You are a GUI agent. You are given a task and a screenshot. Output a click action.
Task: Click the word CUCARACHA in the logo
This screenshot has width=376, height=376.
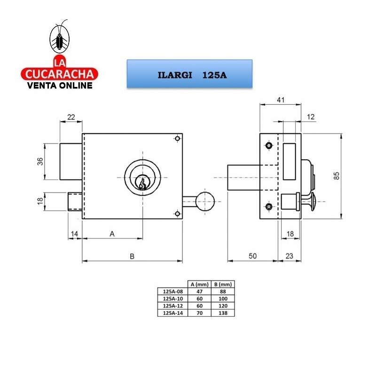(x=60, y=74)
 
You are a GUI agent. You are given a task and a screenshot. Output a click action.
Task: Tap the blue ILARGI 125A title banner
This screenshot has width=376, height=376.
(x=189, y=74)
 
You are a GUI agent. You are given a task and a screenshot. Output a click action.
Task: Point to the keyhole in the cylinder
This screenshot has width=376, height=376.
(x=142, y=183)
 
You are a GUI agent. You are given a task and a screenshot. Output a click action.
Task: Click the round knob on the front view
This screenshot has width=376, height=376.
(x=205, y=202)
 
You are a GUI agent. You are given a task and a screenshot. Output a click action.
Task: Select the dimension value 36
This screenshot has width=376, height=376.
(x=40, y=161)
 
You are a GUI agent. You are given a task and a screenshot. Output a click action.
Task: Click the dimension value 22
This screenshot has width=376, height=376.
(x=71, y=117)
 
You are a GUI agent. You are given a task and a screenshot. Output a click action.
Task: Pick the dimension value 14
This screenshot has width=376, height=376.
(x=75, y=234)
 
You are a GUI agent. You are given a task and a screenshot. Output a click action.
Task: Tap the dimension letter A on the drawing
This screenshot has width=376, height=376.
(x=112, y=234)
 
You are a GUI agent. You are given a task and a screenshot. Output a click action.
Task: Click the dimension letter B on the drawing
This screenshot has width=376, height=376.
(x=132, y=256)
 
